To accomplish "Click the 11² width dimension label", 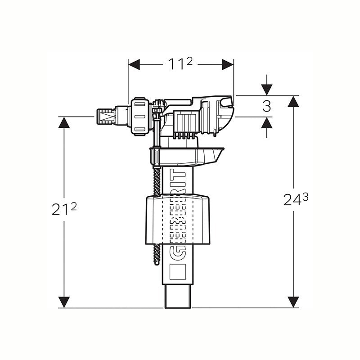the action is pos(180,63).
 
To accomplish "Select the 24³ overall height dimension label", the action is pos(296,199).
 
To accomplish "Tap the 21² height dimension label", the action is pos(64,209).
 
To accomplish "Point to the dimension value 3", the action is pos(266,106).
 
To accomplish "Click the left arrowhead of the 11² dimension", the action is pos(134,64).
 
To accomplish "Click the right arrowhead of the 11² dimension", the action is pos(228,64).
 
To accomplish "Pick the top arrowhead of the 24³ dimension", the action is pos(293,102).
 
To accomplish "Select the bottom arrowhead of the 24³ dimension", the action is pos(293,302).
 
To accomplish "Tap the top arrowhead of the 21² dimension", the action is pos(64,122).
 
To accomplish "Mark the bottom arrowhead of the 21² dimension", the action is pos(64,302).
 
